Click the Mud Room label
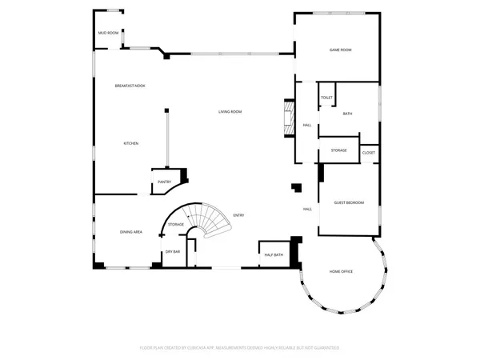108,33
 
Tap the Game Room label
341,50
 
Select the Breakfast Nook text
129,86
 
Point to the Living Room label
230,111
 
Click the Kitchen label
130,143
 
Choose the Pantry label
164,182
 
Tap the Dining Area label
131,232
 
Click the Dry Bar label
172,252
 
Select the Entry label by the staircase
238,215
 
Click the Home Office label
342,272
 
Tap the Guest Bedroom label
349,203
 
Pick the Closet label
369,152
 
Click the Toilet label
326,98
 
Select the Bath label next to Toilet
347,114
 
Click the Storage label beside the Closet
338,150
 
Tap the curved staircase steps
212,220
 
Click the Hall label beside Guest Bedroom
307,210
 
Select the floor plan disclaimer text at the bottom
240,348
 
